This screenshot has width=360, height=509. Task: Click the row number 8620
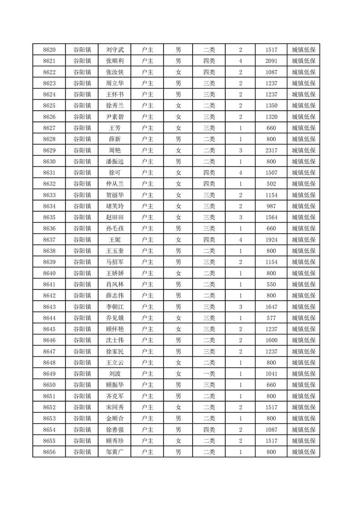[49, 50]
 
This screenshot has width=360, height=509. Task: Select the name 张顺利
[114, 61]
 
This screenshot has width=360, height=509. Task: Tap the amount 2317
[271, 151]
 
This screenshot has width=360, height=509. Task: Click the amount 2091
[271, 61]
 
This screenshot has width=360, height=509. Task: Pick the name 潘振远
[114, 162]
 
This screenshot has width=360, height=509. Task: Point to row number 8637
[49, 240]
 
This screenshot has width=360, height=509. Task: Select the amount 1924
[271, 240]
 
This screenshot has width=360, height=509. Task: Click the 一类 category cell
[209, 374]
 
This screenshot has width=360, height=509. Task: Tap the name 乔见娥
[114, 318]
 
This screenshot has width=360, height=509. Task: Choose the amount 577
[271, 318]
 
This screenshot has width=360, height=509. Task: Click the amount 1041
[271, 374]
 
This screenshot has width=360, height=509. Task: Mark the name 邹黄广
[114, 452]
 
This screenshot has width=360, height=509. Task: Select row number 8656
[49, 452]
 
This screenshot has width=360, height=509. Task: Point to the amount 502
[271, 184]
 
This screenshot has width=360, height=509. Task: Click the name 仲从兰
[114, 184]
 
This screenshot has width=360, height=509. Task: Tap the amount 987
[271, 206]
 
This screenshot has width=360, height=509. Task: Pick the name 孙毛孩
[114, 229]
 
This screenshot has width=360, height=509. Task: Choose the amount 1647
[271, 307]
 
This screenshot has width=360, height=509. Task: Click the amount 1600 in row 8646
[271, 340]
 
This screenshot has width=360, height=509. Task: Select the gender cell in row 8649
[178, 374]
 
